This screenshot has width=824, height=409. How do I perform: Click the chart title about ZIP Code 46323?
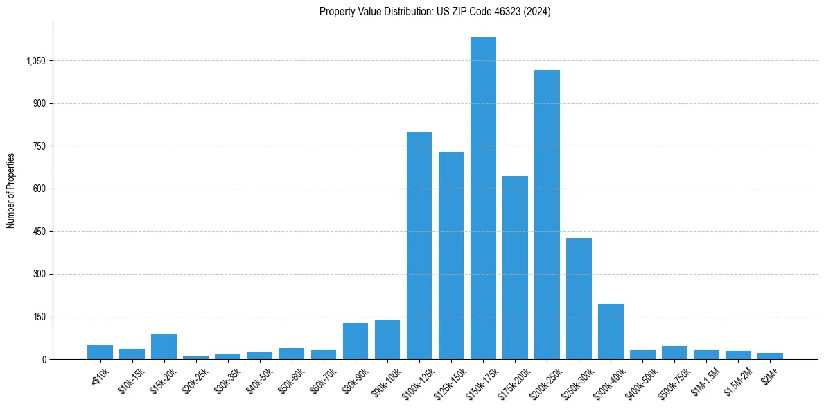click(x=435, y=12)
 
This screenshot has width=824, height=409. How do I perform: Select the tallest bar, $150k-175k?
click(x=483, y=198)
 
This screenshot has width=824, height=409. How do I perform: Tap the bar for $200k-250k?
click(x=547, y=215)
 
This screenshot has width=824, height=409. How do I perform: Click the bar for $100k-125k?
click(x=419, y=245)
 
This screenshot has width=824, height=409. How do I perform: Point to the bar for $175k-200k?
click(x=515, y=268)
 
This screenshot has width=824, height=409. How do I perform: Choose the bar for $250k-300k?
click(x=579, y=299)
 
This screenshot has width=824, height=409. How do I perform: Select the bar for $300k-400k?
click(x=611, y=331)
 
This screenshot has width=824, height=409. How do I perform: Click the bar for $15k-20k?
click(x=164, y=347)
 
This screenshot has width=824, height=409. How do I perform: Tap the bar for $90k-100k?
click(x=387, y=340)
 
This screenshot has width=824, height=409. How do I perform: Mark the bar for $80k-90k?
click(x=356, y=341)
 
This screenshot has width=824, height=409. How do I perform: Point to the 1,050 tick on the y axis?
click(x=35, y=61)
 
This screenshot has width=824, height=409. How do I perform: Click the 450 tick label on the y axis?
click(x=39, y=232)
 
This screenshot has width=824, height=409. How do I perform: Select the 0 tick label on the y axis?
click(x=44, y=360)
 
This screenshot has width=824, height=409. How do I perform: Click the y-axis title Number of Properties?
click(x=11, y=191)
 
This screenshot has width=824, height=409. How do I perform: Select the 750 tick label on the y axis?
click(x=39, y=146)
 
